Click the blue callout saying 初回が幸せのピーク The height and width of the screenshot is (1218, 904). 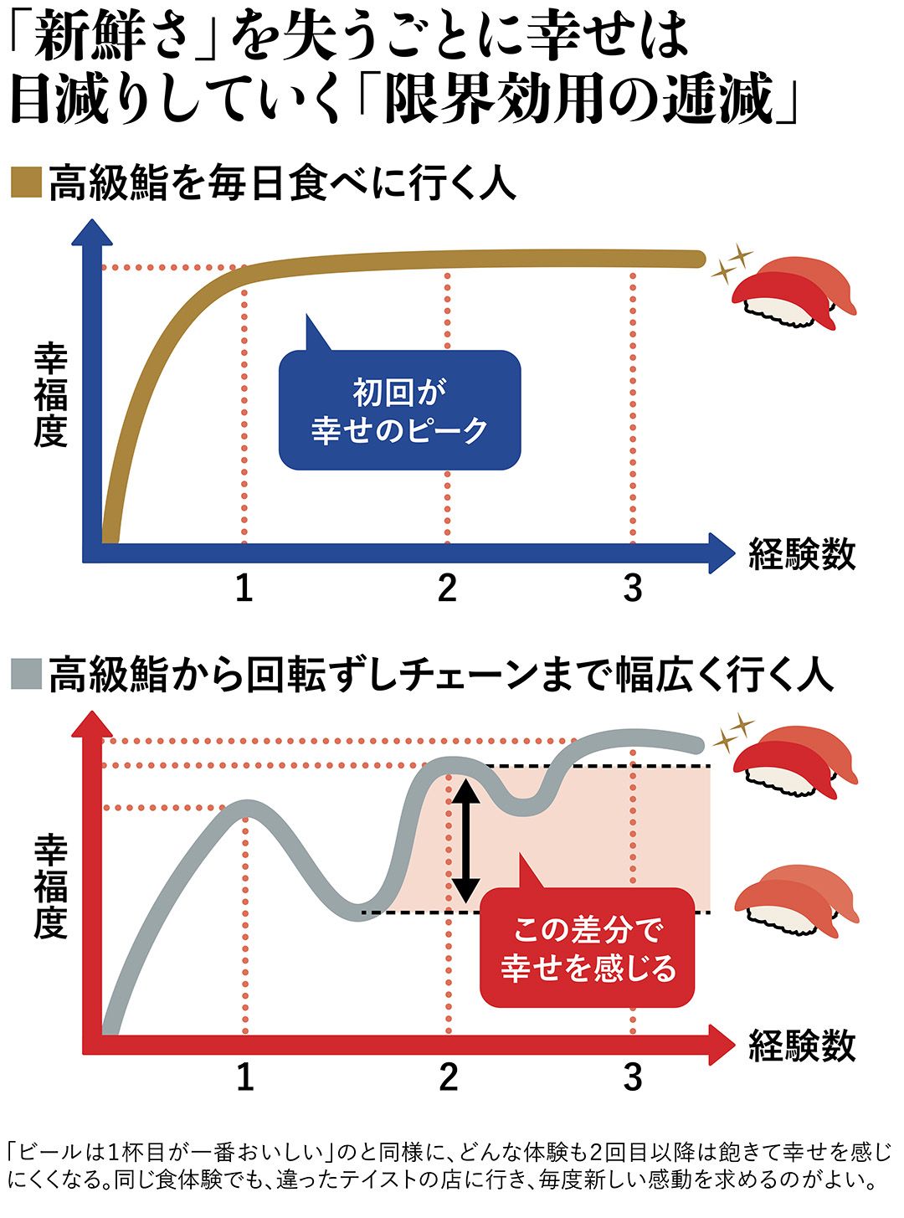(x=399, y=409)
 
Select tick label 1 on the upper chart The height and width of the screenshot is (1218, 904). (x=244, y=588)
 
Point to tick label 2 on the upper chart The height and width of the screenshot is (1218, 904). (x=447, y=588)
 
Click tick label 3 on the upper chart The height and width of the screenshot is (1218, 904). (x=633, y=588)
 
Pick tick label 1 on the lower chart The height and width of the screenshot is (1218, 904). (x=244, y=1077)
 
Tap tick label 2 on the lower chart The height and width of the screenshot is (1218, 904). (x=448, y=1077)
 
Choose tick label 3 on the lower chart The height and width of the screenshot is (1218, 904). (x=633, y=1077)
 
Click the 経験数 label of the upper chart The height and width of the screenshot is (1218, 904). (x=802, y=554)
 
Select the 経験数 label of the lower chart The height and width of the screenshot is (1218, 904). (x=802, y=1046)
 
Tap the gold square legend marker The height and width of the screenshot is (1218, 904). (x=26, y=183)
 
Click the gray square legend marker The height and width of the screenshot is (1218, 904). (x=26, y=674)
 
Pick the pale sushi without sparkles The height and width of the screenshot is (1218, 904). (x=795, y=902)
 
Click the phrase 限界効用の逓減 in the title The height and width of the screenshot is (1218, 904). (x=578, y=102)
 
